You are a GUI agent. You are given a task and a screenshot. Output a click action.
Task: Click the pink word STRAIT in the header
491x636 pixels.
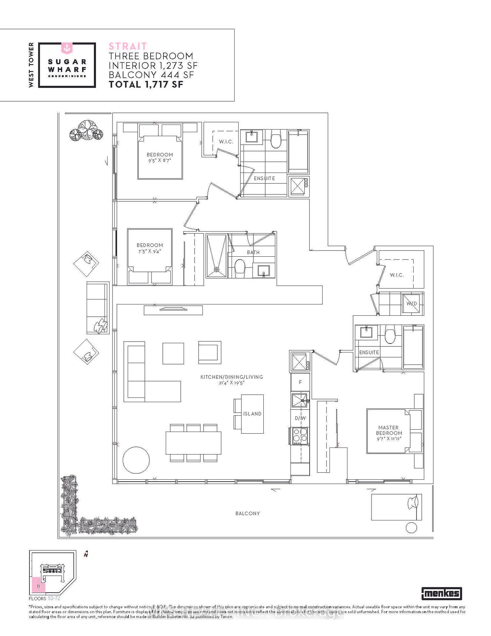click(128, 46)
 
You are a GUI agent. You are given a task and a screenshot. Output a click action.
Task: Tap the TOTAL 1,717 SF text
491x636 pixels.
click(146, 84)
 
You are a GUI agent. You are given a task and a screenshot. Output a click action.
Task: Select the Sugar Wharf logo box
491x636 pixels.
click(67, 65)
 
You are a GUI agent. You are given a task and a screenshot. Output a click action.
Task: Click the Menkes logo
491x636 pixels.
click(442, 593)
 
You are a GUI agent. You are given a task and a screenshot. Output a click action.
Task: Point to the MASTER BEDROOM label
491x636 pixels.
click(389, 430)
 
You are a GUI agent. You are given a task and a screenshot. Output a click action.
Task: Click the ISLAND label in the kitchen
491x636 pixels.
click(252, 414)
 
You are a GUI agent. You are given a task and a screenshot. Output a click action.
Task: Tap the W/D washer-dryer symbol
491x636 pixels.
click(412, 303)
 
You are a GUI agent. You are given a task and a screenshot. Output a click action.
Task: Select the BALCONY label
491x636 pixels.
click(247, 513)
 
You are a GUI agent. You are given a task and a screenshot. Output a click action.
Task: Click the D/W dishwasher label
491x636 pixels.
click(300, 418)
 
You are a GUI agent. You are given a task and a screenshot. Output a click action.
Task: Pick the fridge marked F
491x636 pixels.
click(300, 382)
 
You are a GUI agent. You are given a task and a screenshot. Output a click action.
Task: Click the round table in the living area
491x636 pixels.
click(136, 460)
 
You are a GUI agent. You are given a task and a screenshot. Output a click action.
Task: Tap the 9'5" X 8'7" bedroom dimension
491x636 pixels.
click(159, 160)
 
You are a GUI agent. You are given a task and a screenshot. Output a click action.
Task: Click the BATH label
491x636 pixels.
click(253, 252)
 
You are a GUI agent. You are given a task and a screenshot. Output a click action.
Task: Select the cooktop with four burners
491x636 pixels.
click(300, 436)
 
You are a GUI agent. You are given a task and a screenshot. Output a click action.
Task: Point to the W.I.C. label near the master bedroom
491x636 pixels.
click(397, 275)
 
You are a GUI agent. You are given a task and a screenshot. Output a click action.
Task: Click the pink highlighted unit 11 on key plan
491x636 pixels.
click(38, 586)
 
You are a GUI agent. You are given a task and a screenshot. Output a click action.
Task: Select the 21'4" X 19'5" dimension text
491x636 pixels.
click(231, 383)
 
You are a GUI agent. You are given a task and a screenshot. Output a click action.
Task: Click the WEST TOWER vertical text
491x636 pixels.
click(31, 65)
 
